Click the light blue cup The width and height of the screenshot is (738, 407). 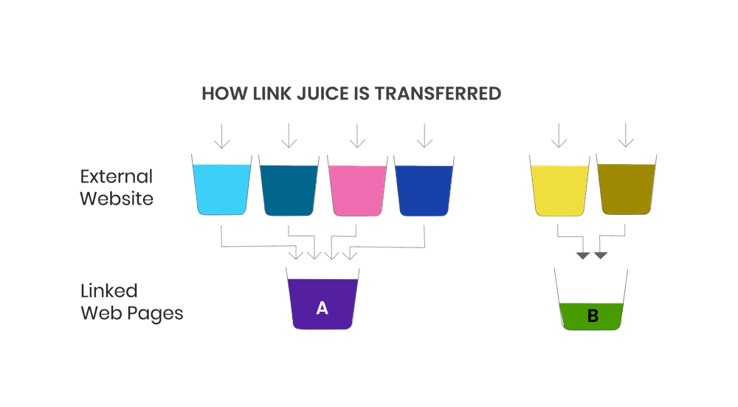(x=221, y=188)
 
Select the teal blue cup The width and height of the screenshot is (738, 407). (x=289, y=189)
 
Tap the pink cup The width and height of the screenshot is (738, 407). (x=356, y=189)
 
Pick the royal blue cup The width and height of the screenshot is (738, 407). (x=424, y=189)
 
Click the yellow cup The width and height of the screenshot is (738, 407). (x=559, y=189)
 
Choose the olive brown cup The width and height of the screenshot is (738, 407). (x=626, y=189)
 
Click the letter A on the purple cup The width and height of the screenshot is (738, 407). (x=322, y=308)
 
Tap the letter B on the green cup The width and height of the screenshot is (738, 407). (x=593, y=316)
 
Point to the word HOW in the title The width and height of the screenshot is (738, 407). (x=220, y=94)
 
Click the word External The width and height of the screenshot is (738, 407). (x=117, y=177)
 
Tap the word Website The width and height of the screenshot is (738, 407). (x=117, y=198)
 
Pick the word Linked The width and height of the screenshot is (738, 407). (x=109, y=290)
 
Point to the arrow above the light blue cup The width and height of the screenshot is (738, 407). (x=221, y=135)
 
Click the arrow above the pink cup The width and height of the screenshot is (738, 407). (x=357, y=135)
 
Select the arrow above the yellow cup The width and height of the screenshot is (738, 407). (x=559, y=135)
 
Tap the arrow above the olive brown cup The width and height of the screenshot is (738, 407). (x=626, y=135)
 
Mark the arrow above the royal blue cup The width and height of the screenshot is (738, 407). (x=424, y=135)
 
